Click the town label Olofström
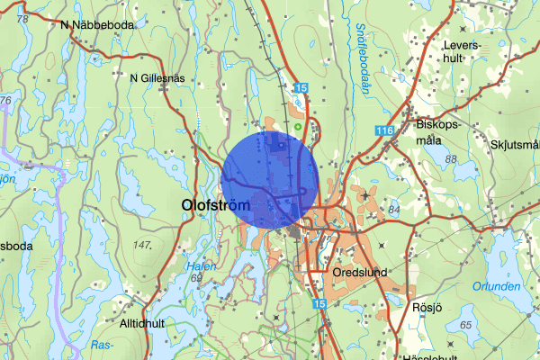click(x=218, y=206)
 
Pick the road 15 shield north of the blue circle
click(x=301, y=87)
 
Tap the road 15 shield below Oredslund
click(x=320, y=306)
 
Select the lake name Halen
click(x=198, y=266)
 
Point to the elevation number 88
click(x=451, y=159)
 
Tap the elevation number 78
click(x=22, y=18)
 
